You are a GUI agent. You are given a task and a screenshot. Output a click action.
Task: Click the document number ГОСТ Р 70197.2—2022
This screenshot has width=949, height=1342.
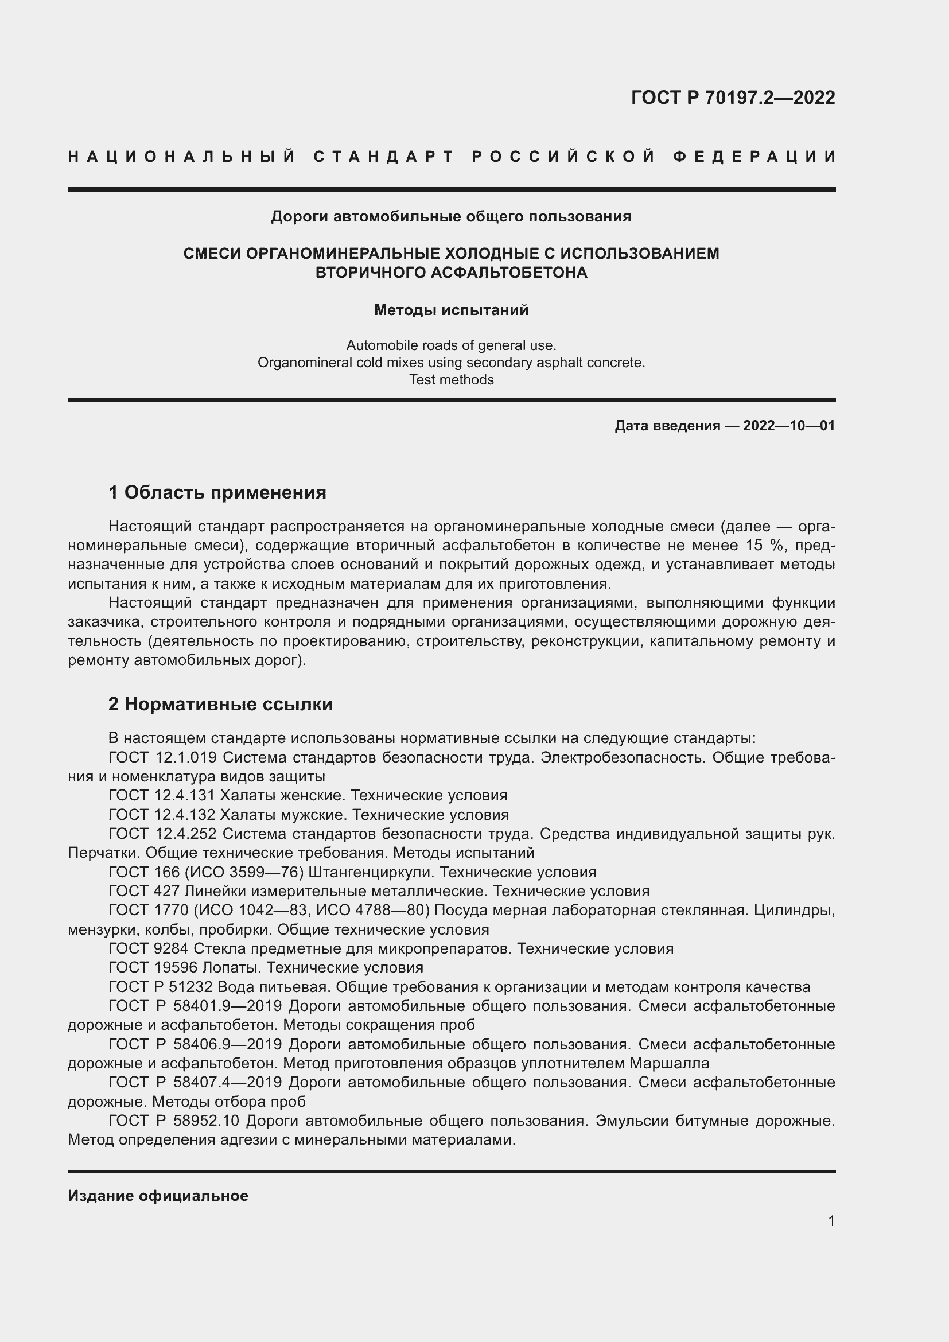(x=733, y=98)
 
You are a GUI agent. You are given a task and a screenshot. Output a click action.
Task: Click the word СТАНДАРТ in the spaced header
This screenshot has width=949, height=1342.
(x=384, y=157)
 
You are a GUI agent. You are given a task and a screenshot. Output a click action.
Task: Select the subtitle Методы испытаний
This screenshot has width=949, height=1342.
(x=451, y=310)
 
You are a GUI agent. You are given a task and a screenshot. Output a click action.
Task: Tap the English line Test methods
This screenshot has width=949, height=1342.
(x=451, y=380)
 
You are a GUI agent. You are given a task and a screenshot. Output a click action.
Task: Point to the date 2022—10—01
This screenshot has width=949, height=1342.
(x=789, y=426)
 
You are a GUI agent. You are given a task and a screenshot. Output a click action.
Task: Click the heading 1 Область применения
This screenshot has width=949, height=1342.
(x=217, y=492)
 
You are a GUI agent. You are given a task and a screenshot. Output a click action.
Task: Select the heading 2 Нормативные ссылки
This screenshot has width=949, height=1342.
(x=220, y=704)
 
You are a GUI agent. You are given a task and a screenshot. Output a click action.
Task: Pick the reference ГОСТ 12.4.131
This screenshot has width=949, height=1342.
(x=162, y=795)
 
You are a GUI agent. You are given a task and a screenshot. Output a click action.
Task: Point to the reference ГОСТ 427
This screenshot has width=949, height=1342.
(x=145, y=892)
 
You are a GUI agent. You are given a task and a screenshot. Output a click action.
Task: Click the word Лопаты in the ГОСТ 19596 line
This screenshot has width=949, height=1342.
(x=230, y=967)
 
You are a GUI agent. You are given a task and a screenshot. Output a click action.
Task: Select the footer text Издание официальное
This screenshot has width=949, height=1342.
(x=158, y=1196)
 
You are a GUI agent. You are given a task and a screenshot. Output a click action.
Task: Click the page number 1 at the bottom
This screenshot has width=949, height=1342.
(x=831, y=1221)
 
